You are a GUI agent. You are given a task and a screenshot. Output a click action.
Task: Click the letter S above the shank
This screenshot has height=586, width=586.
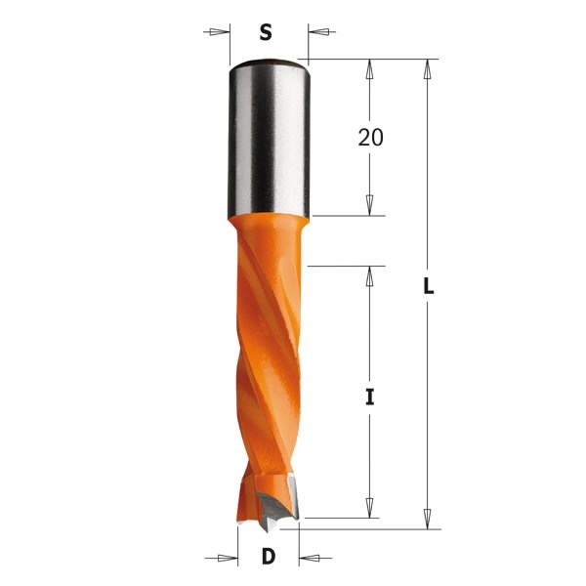pyautogui.click(x=265, y=32)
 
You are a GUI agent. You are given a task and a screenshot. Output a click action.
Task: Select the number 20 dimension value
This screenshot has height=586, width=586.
pyautogui.click(x=370, y=138)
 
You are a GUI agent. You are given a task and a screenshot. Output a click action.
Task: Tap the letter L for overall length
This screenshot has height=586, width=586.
pyautogui.click(x=428, y=289)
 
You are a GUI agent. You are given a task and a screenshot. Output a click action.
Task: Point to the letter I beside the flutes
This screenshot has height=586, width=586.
pyautogui.click(x=370, y=398)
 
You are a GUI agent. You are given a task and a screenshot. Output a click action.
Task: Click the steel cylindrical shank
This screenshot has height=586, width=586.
pyautogui.click(x=270, y=137)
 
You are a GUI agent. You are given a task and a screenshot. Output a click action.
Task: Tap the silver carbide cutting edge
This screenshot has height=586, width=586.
pyautogui.click(x=278, y=504)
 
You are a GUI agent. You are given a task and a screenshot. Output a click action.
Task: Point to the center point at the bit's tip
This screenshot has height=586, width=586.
pyautogui.click(x=268, y=528)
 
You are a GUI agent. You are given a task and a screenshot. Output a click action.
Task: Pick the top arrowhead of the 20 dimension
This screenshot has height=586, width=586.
pyautogui.click(x=370, y=68)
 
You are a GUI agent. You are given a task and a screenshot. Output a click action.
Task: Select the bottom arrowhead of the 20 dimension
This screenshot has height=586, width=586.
pyautogui.click(x=370, y=206)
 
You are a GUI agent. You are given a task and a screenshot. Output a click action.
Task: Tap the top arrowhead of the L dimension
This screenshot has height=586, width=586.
pyautogui.click(x=428, y=68)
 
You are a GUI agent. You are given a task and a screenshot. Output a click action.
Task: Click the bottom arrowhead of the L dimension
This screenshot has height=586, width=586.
pyautogui.click(x=428, y=520)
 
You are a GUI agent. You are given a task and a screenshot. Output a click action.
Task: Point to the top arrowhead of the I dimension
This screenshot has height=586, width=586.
pyautogui.click(x=370, y=274)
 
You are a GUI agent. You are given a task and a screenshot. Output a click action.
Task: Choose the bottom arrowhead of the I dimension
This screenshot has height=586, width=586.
pyautogui.click(x=370, y=509)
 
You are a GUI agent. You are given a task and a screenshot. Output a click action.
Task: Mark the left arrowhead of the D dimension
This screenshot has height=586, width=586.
pyautogui.click(x=229, y=559)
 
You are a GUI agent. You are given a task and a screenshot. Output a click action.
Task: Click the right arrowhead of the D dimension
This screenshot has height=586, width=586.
pyautogui.click(x=308, y=559)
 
